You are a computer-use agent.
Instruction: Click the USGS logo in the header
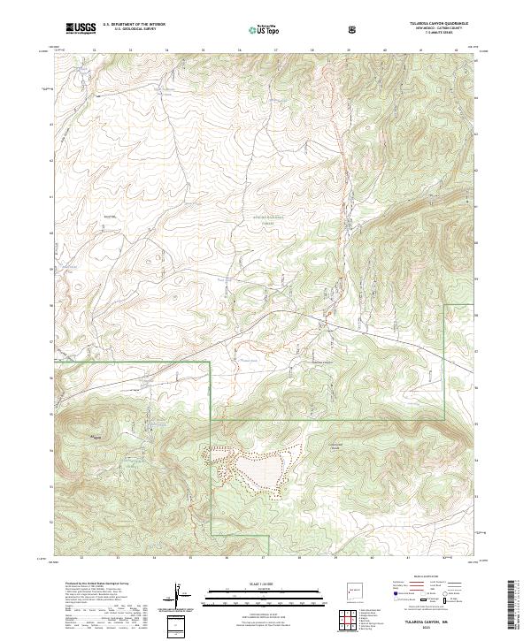point(81,28)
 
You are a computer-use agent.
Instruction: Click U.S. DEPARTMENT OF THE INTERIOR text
point(134,24)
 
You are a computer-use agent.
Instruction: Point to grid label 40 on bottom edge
point(372,559)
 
